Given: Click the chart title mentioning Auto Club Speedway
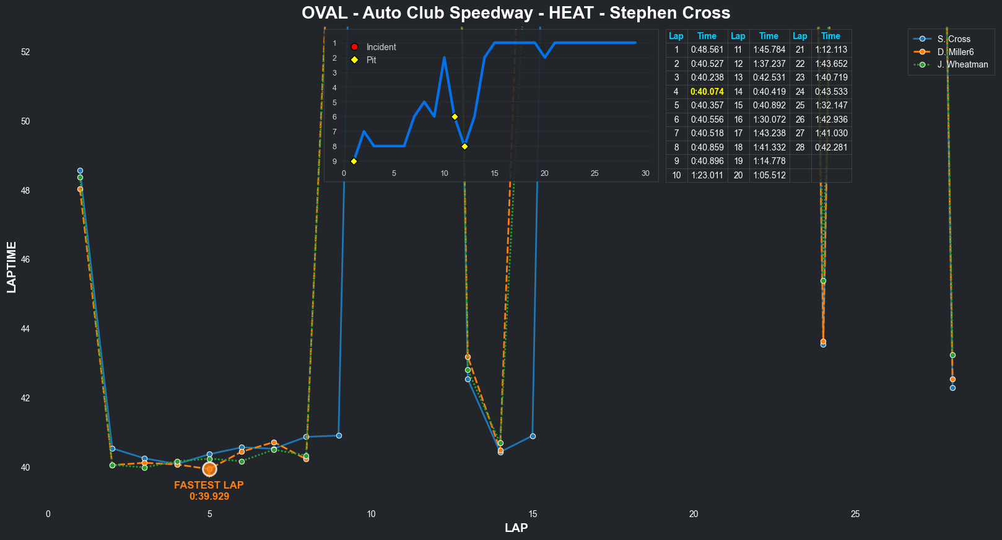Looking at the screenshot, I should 516,13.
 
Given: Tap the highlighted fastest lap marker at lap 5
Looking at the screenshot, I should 209,469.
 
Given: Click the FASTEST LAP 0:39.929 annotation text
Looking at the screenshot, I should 209,490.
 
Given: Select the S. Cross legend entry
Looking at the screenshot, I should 954,39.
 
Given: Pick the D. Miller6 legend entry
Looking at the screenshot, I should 955,52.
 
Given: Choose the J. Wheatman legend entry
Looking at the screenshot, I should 962,64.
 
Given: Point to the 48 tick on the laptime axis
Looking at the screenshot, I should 25,191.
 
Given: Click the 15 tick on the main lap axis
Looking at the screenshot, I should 533,514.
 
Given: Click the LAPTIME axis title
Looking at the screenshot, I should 12,267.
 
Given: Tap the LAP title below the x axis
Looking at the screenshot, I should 516,528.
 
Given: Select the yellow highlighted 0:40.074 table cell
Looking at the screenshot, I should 707,92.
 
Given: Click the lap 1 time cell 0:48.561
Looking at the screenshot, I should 707,50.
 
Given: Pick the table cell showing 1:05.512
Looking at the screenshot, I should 769,175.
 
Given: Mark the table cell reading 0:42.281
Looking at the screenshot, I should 831,147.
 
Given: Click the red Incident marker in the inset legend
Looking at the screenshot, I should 354,47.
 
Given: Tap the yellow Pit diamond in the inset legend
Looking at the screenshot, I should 354,60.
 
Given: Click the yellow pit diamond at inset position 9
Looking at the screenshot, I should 354,162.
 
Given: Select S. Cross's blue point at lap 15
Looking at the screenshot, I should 533,437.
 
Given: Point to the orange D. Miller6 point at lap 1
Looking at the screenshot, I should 80,189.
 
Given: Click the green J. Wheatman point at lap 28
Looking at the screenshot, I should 952,355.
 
